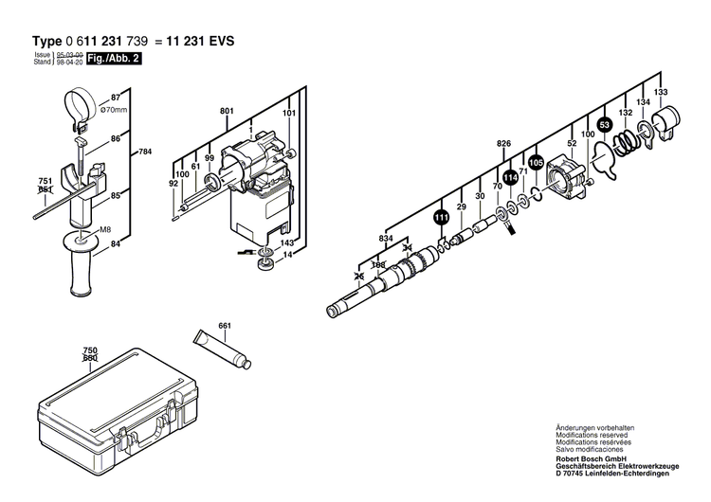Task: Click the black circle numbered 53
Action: (x=604, y=125)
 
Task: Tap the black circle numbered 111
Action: (x=441, y=217)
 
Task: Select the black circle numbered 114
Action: (x=510, y=177)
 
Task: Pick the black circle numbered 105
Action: (x=536, y=162)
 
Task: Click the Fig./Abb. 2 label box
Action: (x=107, y=59)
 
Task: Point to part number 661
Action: (x=225, y=327)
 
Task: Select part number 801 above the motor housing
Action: (x=227, y=112)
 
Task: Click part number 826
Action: (x=503, y=143)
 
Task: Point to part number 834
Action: (x=385, y=237)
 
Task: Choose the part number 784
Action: (x=144, y=152)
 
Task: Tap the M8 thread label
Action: (x=105, y=230)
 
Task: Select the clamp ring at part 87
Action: (x=76, y=101)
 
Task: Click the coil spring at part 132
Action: (x=626, y=142)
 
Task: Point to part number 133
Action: (x=661, y=92)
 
